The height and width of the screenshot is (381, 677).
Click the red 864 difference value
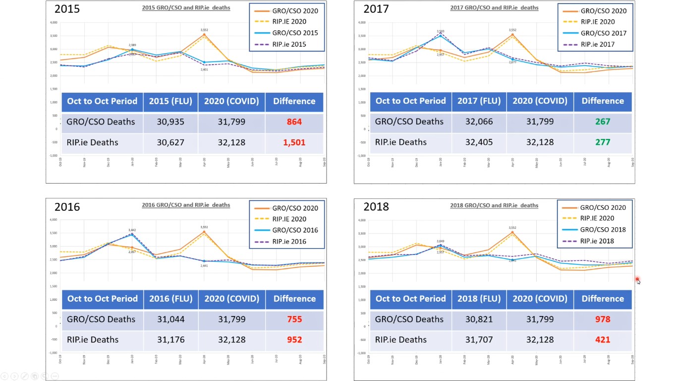[x=294, y=122]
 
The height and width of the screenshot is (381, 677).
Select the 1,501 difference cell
[x=294, y=142]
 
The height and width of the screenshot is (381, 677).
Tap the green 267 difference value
[x=603, y=122]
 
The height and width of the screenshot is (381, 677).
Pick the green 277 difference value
[x=603, y=142]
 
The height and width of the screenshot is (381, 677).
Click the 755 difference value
[x=294, y=319]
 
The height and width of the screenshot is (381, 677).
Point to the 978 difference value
[x=603, y=319]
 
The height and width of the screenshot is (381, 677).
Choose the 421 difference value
[x=603, y=340]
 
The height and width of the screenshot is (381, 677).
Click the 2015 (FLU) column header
[x=170, y=101]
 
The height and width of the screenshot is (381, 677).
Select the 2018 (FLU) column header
[x=479, y=299]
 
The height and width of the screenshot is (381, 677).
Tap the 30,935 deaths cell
[x=170, y=122]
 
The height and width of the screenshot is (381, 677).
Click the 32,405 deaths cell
[x=479, y=142]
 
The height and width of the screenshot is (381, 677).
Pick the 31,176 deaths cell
[x=170, y=340]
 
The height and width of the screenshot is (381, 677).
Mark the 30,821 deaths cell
[x=479, y=319]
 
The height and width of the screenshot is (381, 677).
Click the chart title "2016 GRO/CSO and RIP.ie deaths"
[x=186, y=205]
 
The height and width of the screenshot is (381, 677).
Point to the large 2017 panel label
[x=376, y=9]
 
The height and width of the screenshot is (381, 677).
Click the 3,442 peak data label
[x=132, y=230]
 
